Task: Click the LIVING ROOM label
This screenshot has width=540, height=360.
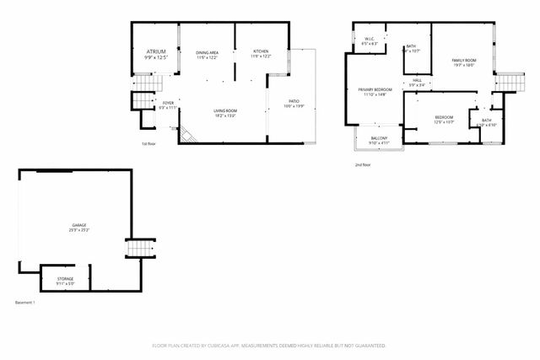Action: tap(224, 113)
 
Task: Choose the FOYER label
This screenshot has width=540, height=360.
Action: tap(168, 105)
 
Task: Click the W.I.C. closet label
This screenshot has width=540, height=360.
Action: tap(370, 40)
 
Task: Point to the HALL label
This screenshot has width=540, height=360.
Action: tap(417, 82)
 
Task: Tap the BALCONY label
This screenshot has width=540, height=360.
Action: tap(379, 140)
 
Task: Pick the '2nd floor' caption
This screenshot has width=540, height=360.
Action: tap(362, 164)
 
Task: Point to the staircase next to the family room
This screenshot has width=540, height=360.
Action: tap(510, 82)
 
